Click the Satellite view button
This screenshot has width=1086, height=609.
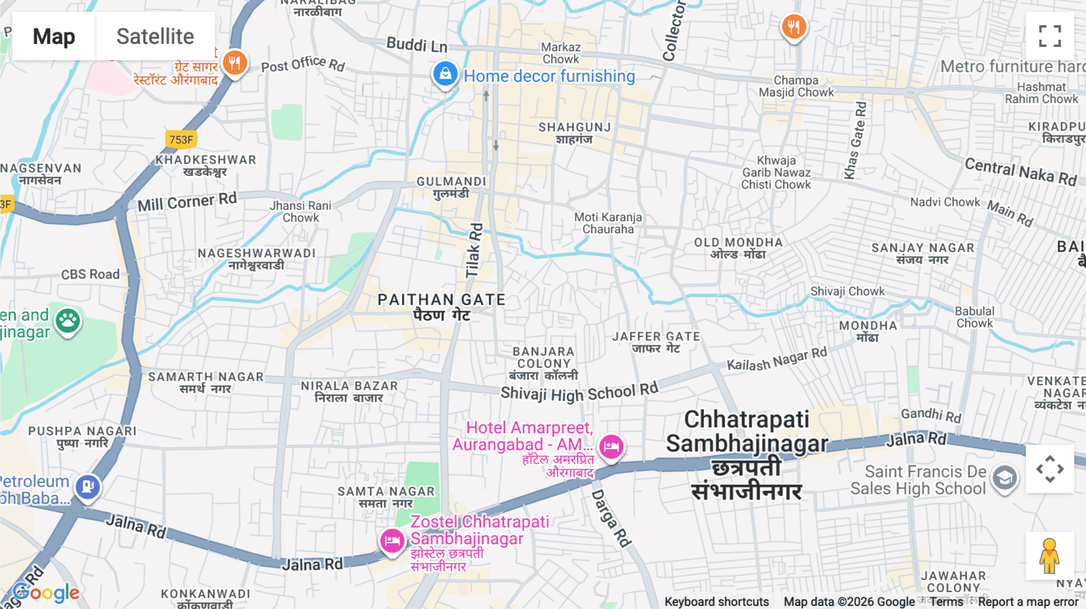pyautogui.click(x=155, y=36)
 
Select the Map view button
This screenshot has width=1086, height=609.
pyautogui.click(x=54, y=36)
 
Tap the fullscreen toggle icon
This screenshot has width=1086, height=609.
pyautogui.click(x=1050, y=36)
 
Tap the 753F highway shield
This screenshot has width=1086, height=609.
pyautogui.click(x=181, y=139)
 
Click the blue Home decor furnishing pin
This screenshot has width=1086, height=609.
pyautogui.click(x=445, y=74)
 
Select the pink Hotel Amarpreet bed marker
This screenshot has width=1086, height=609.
pyautogui.click(x=611, y=447)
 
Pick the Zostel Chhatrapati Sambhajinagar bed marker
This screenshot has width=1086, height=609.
pyautogui.click(x=392, y=540)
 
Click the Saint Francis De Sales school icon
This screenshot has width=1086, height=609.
pyautogui.click(x=1005, y=478)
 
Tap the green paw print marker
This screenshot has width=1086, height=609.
pyautogui.click(x=68, y=321)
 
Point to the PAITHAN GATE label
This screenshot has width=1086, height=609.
pyautogui.click(x=441, y=300)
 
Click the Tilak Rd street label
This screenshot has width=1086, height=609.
pyautogui.click(x=475, y=250)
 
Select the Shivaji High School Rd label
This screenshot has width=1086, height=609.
pyautogui.click(x=579, y=393)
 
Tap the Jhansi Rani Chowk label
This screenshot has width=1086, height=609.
pyautogui.click(x=300, y=212)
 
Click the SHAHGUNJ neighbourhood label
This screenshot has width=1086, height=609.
pyautogui.click(x=574, y=127)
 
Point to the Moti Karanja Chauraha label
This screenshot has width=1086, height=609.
pyautogui.click(x=608, y=223)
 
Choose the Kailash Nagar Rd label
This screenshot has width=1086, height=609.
pyautogui.click(x=776, y=359)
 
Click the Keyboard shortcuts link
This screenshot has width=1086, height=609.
pyautogui.click(x=716, y=602)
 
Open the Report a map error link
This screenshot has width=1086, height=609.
pyautogui.click(x=1028, y=602)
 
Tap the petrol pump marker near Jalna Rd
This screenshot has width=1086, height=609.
pyautogui.click(x=87, y=486)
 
